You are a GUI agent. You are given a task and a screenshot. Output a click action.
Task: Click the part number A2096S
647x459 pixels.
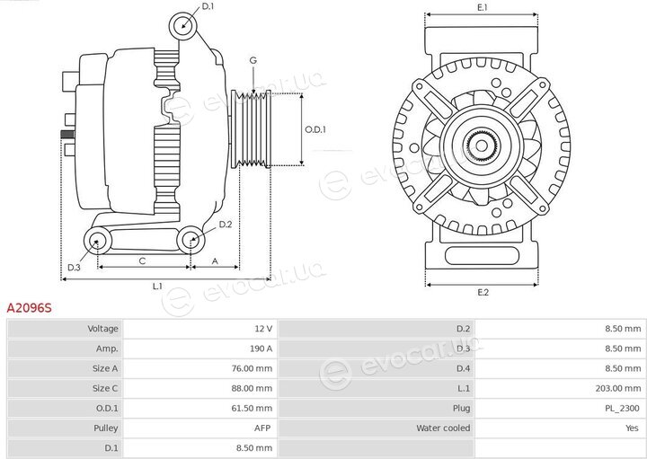point(30,308)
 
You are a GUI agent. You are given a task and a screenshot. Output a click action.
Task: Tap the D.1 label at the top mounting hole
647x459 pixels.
point(208,6)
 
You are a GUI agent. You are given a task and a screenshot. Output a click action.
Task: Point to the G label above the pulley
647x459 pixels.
point(253,60)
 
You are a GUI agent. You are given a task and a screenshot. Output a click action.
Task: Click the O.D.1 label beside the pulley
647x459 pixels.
point(315,129)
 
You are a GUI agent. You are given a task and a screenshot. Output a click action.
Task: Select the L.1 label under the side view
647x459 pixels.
point(157,287)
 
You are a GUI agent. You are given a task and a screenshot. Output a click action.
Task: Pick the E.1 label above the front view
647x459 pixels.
point(482,7)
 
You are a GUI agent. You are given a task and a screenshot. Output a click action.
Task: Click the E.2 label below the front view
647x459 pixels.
point(483,293)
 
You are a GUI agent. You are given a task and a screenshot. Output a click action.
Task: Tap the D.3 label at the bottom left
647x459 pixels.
point(74,268)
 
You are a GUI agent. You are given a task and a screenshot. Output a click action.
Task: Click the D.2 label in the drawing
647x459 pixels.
point(226,225)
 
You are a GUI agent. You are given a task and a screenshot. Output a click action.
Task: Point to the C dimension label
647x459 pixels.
point(142,261)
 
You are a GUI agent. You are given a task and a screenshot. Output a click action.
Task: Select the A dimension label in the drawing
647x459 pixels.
point(215,261)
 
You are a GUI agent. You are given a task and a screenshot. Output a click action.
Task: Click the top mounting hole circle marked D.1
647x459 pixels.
point(182,26)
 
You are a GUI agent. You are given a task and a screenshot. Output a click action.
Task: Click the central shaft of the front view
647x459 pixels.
point(482,146)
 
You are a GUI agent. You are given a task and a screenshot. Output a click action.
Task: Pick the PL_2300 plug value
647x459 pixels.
point(624,409)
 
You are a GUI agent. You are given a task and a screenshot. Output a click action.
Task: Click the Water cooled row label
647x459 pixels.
point(443,428)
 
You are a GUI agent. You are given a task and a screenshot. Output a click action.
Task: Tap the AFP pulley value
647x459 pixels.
point(262,428)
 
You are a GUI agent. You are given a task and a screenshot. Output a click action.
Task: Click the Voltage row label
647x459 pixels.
point(102,329)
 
